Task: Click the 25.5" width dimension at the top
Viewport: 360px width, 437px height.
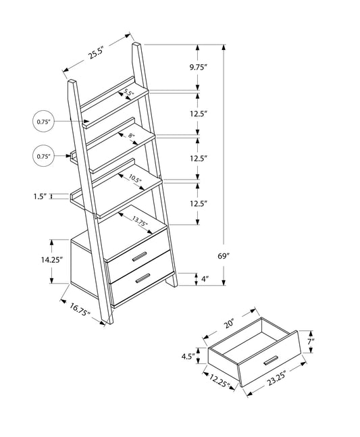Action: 95,55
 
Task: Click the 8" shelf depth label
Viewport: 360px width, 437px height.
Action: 132,137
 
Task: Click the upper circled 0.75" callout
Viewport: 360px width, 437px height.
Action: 43,122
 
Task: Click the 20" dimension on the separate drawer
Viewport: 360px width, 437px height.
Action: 229,323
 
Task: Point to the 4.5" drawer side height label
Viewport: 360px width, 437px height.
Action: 189,355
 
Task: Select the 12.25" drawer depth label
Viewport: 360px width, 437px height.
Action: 219,382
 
